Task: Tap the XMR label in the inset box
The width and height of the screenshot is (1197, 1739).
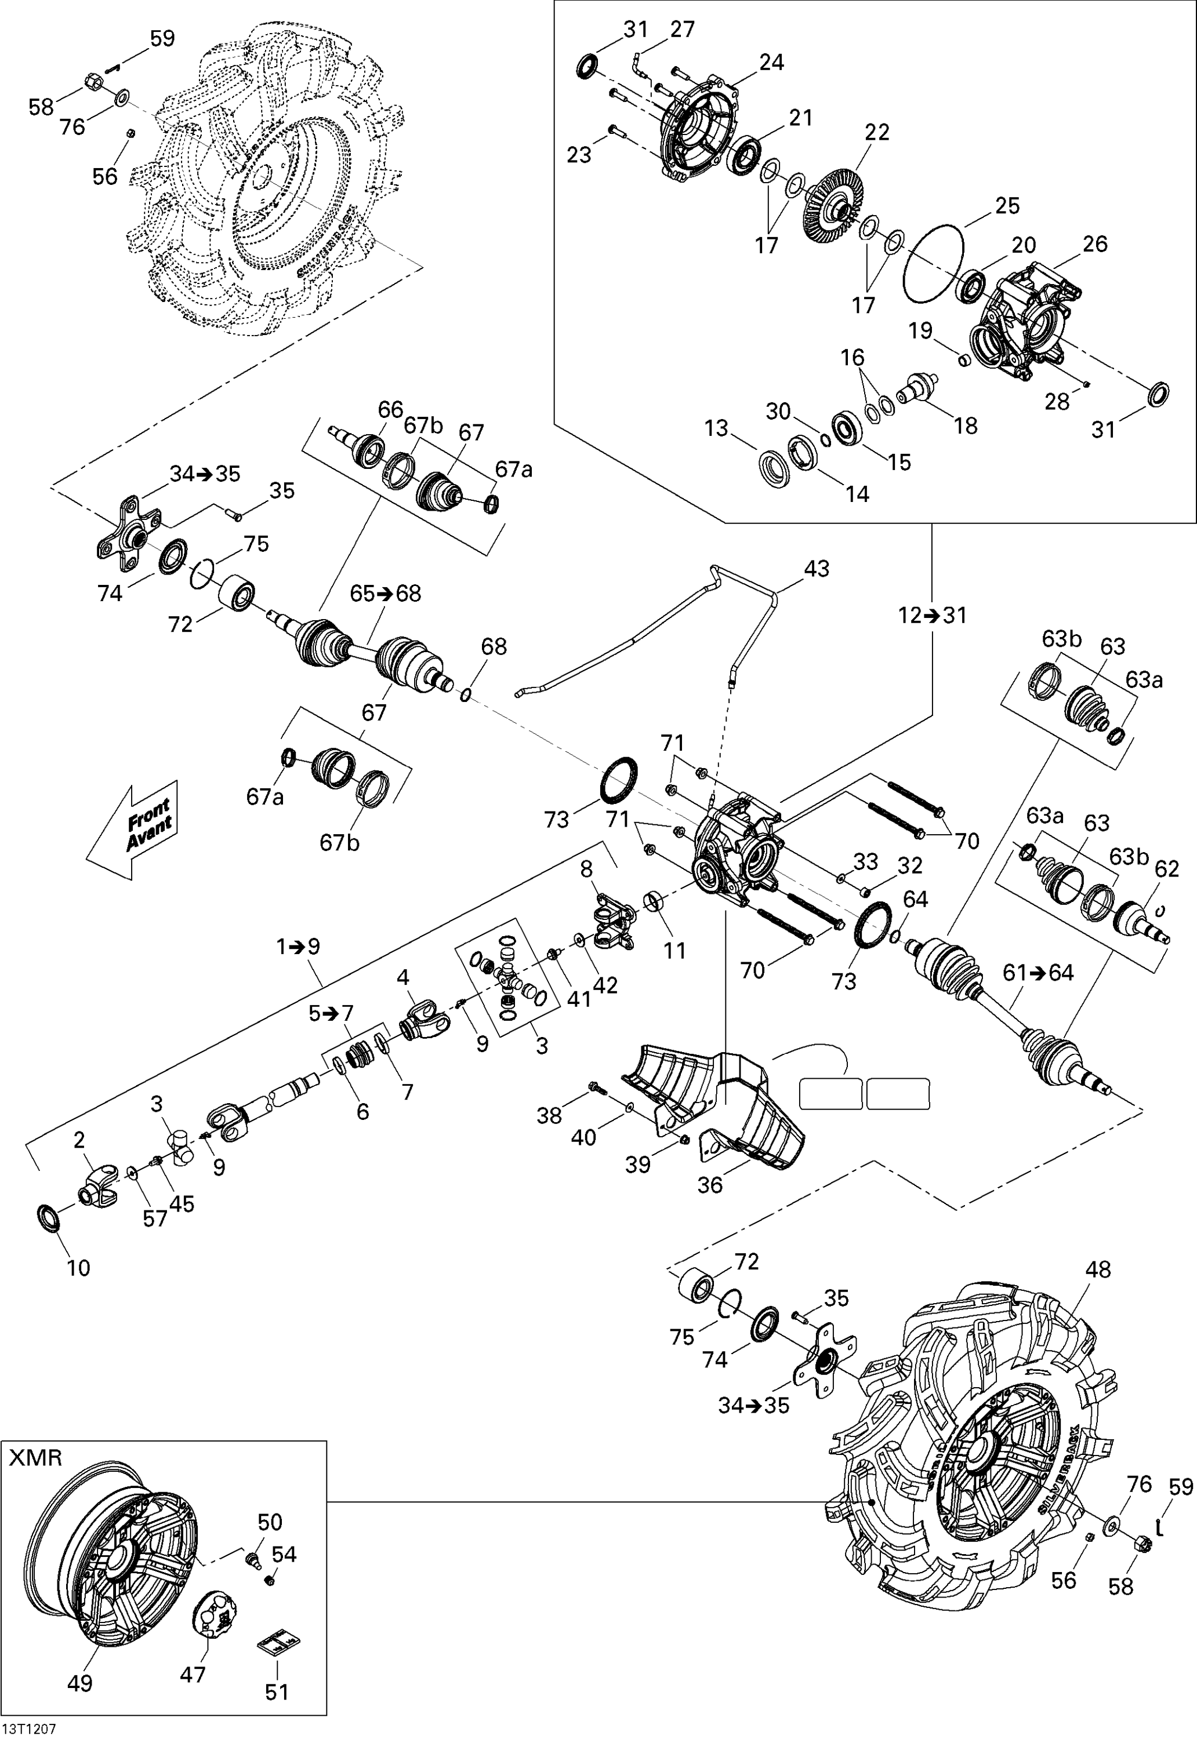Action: point(35,1457)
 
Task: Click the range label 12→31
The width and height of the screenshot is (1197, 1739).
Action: point(932,616)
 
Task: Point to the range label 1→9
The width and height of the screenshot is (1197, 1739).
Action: point(299,946)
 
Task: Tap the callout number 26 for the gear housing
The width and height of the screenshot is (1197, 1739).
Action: point(1095,243)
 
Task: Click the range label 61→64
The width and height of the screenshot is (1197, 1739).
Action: point(1039,973)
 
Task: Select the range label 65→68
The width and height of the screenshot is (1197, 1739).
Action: point(386,594)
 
